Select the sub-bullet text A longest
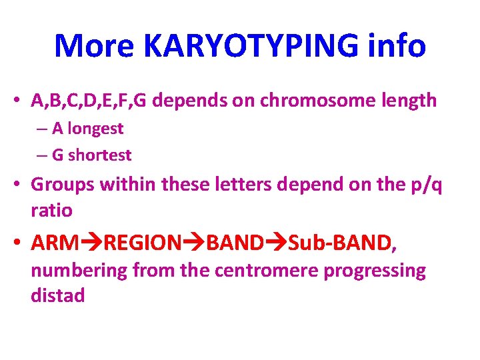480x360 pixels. tap(87, 128)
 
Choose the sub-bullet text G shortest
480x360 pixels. tap(92, 155)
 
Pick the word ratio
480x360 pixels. tap(51, 210)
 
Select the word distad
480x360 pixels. tap(57, 295)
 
